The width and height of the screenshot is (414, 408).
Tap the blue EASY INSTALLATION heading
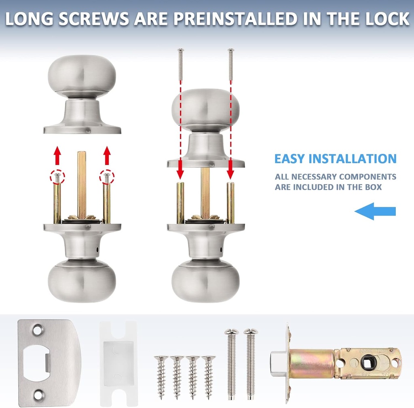(335, 159)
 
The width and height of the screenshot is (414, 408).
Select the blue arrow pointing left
(375, 211)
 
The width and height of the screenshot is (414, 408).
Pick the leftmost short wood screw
(161, 371)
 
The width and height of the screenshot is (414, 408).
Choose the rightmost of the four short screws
(209, 371)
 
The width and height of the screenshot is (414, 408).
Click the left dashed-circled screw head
(57, 176)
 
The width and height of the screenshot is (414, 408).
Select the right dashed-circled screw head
(107, 176)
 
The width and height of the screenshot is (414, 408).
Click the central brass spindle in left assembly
(82, 182)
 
